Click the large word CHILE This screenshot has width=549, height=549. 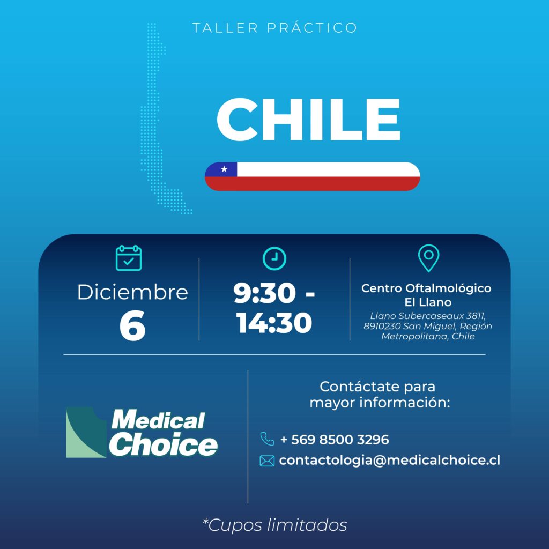tap(308, 119)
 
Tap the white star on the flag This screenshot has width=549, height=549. tap(224, 169)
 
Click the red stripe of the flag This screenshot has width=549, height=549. tap(313, 183)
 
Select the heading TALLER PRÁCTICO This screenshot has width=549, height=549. tap(274, 28)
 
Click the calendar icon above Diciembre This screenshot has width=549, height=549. tap(129, 258)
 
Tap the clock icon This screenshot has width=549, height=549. tap(274, 259)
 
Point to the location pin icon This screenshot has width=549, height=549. tap(428, 258)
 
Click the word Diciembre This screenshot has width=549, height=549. tap(133, 292)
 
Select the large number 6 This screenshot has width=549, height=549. tap(132, 325)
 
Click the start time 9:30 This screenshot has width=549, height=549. tap(265, 293)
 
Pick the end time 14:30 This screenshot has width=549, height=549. tap(274, 323)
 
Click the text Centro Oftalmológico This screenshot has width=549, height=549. tap(426, 288)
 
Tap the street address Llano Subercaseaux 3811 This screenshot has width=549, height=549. tap(428, 316)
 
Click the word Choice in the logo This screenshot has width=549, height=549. tap(163, 444)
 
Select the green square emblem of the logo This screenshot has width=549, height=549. tap(86, 433)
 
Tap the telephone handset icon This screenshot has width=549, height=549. tap(267, 439)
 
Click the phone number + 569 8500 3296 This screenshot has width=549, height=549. tap(335, 440)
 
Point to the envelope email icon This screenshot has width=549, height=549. tap(267, 461)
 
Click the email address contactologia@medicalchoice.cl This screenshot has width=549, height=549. tap(390, 461)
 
